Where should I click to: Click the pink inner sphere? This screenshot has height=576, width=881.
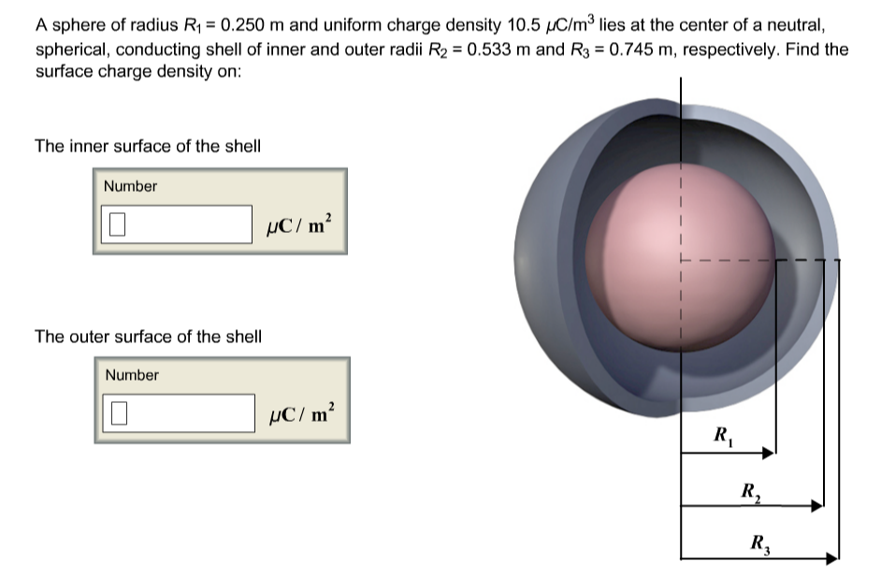(681, 257)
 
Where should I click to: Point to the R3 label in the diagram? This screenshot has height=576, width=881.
(760, 544)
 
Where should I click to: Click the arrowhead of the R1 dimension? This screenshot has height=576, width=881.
(769, 453)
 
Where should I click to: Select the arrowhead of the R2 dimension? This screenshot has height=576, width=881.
(816, 506)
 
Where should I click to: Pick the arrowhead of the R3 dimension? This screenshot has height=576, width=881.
(831, 558)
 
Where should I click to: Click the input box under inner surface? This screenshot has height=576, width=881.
(177, 224)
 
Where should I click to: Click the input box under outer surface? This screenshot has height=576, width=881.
(179, 413)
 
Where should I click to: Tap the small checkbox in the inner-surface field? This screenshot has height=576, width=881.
(118, 224)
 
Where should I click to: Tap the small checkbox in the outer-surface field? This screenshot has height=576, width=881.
(119, 413)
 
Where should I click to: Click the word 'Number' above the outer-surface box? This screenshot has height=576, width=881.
(132, 375)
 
